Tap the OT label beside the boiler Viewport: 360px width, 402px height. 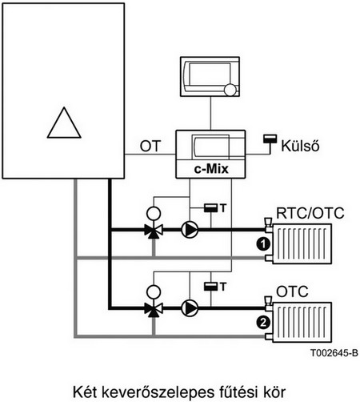[x=150, y=146]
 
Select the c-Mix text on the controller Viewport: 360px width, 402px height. [x=211, y=169]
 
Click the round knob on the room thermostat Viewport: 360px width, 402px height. [x=230, y=90]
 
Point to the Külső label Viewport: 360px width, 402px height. [x=300, y=146]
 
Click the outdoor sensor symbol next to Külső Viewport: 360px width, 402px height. [x=270, y=143]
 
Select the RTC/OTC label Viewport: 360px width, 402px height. [x=310, y=213]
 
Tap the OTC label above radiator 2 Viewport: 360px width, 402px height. [x=292, y=291]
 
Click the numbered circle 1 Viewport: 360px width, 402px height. [x=263, y=244]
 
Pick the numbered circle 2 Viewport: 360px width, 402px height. [x=263, y=323]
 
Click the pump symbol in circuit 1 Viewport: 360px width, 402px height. [x=190, y=230]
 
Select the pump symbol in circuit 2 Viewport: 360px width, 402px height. [x=190, y=308]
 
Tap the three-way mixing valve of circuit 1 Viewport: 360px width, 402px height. [x=154, y=231]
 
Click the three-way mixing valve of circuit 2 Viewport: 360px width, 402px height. [x=154, y=309]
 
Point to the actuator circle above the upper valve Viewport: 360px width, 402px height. [x=154, y=214]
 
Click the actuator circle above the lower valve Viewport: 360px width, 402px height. [x=154, y=291]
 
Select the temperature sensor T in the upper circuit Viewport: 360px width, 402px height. [x=214, y=208]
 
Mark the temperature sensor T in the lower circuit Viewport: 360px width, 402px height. [x=214, y=287]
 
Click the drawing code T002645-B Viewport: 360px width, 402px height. [x=334, y=353]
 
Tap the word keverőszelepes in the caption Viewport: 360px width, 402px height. [x=158, y=392]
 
